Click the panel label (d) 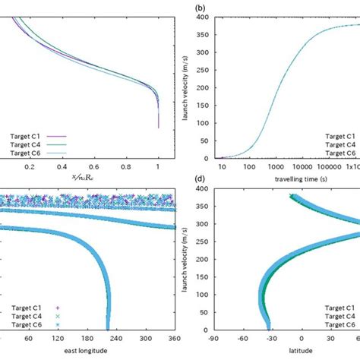coord(200,182)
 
